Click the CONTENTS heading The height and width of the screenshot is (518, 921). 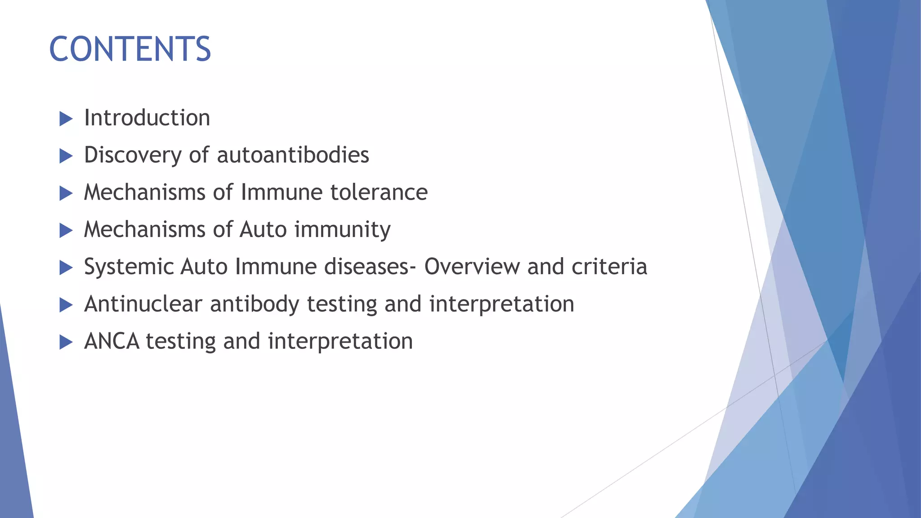coord(130,49)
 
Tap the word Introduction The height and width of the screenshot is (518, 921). coord(147,118)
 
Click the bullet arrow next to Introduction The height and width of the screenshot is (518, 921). coord(66,119)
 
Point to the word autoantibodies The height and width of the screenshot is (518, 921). coord(293,155)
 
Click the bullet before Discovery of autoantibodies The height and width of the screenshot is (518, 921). coord(66,156)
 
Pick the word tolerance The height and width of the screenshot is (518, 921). coord(379,192)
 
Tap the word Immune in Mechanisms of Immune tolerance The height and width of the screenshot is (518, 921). coord(282,192)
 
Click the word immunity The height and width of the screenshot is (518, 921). coord(342,230)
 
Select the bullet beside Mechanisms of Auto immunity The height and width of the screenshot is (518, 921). coord(66,231)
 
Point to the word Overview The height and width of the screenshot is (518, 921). coord(472,267)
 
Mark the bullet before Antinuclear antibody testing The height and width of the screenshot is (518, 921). coord(66,306)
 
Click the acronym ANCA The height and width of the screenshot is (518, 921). coord(112,341)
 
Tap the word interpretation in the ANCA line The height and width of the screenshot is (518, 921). coord(340,342)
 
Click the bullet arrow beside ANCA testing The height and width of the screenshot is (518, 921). coord(66,343)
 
